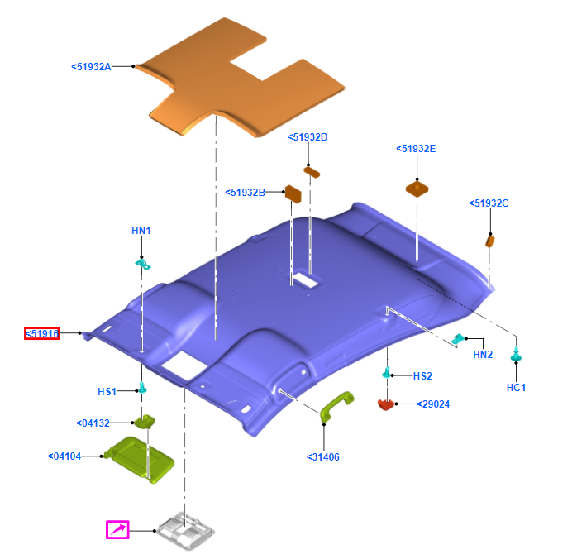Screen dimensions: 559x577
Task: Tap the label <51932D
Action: [x=308, y=137]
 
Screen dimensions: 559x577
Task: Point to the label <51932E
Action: [x=416, y=149]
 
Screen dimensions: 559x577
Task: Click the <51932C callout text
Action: [x=489, y=203]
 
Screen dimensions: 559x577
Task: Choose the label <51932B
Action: [x=245, y=193]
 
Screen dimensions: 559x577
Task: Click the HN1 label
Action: [x=141, y=230]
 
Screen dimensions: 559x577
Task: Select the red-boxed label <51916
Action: [x=41, y=333]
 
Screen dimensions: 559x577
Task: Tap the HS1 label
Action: [x=107, y=391]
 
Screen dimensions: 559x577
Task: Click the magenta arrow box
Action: [x=117, y=529]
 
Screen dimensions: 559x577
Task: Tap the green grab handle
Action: [x=336, y=406]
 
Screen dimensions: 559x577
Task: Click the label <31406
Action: [x=322, y=456]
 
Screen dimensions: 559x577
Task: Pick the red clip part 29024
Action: [x=386, y=404]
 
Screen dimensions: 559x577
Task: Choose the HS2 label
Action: [x=422, y=375]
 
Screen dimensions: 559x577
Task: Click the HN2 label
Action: [x=483, y=355]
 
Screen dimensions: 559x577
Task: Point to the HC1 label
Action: [x=516, y=387]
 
